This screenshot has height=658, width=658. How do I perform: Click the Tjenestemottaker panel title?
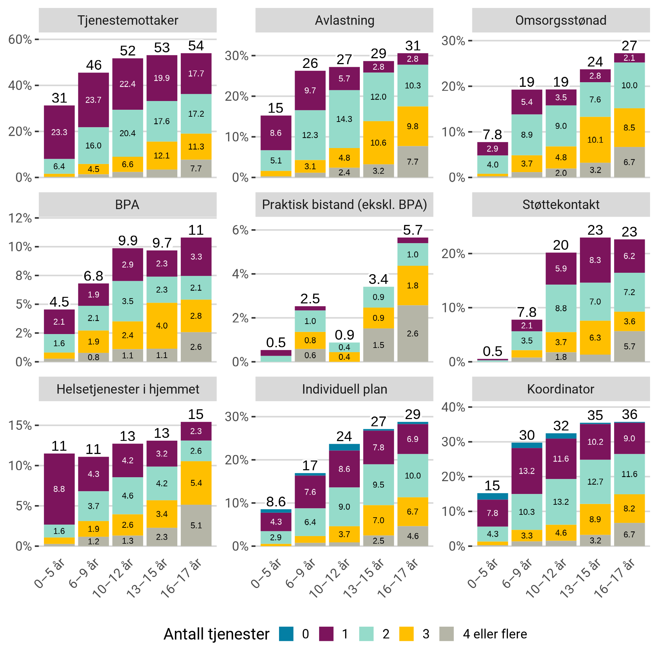point(127,21)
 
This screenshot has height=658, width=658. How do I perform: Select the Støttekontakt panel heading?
point(561,205)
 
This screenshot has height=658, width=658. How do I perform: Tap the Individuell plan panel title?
point(345,389)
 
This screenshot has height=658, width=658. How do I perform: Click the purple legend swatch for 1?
point(326,634)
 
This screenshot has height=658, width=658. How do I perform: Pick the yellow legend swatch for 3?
point(406,634)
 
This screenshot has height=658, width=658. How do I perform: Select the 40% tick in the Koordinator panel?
point(453,407)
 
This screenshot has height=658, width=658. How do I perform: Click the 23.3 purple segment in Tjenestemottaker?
point(59,132)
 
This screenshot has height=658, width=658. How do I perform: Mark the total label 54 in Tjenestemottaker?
point(196,46)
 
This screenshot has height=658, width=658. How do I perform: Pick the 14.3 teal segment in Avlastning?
point(344,119)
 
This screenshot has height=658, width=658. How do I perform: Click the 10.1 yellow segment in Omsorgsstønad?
point(595,140)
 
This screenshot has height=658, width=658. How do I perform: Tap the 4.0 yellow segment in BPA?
point(162,326)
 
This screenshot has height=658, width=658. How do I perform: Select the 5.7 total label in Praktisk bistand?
point(412,230)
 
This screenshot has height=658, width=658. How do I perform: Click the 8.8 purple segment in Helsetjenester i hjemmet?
point(59,489)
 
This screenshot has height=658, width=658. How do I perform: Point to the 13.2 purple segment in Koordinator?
point(527,471)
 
